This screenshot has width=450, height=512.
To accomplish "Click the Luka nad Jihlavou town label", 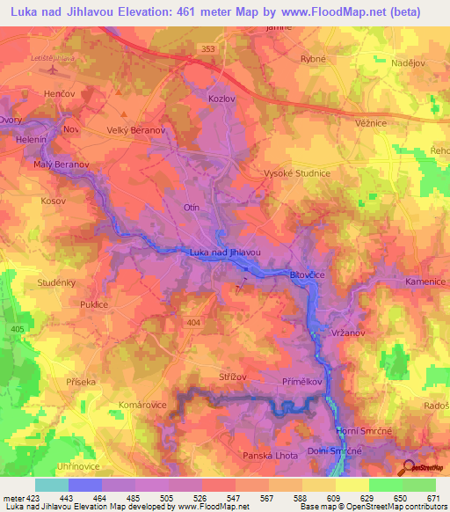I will (x=224, y=252).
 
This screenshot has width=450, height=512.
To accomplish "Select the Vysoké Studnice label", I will (x=297, y=173).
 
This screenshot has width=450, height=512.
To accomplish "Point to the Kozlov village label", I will (x=222, y=99).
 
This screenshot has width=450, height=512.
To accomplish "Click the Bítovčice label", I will (x=308, y=276).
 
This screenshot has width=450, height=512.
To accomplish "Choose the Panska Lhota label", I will (x=272, y=456).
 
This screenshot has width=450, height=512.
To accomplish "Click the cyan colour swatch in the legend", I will (x=51, y=485).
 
